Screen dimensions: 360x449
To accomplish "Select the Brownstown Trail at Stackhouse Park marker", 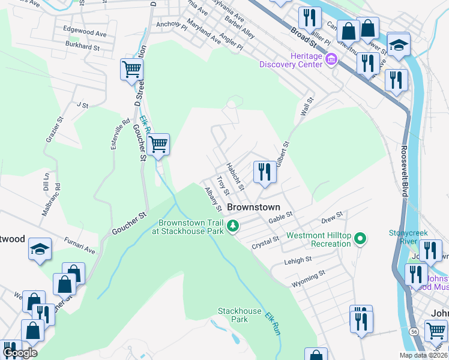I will (233, 226).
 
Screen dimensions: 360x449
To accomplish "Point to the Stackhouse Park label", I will (240, 315).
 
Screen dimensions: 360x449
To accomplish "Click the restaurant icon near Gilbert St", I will (264, 172).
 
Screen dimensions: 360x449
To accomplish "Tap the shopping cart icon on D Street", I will (131, 69).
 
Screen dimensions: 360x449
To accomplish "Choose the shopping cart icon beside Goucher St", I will (158, 144).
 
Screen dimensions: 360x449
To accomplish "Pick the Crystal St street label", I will (266, 242).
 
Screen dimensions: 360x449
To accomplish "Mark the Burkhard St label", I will (82, 46).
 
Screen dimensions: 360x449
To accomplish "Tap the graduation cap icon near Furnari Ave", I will (40, 250).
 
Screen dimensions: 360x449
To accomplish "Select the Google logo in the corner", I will (20, 352).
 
